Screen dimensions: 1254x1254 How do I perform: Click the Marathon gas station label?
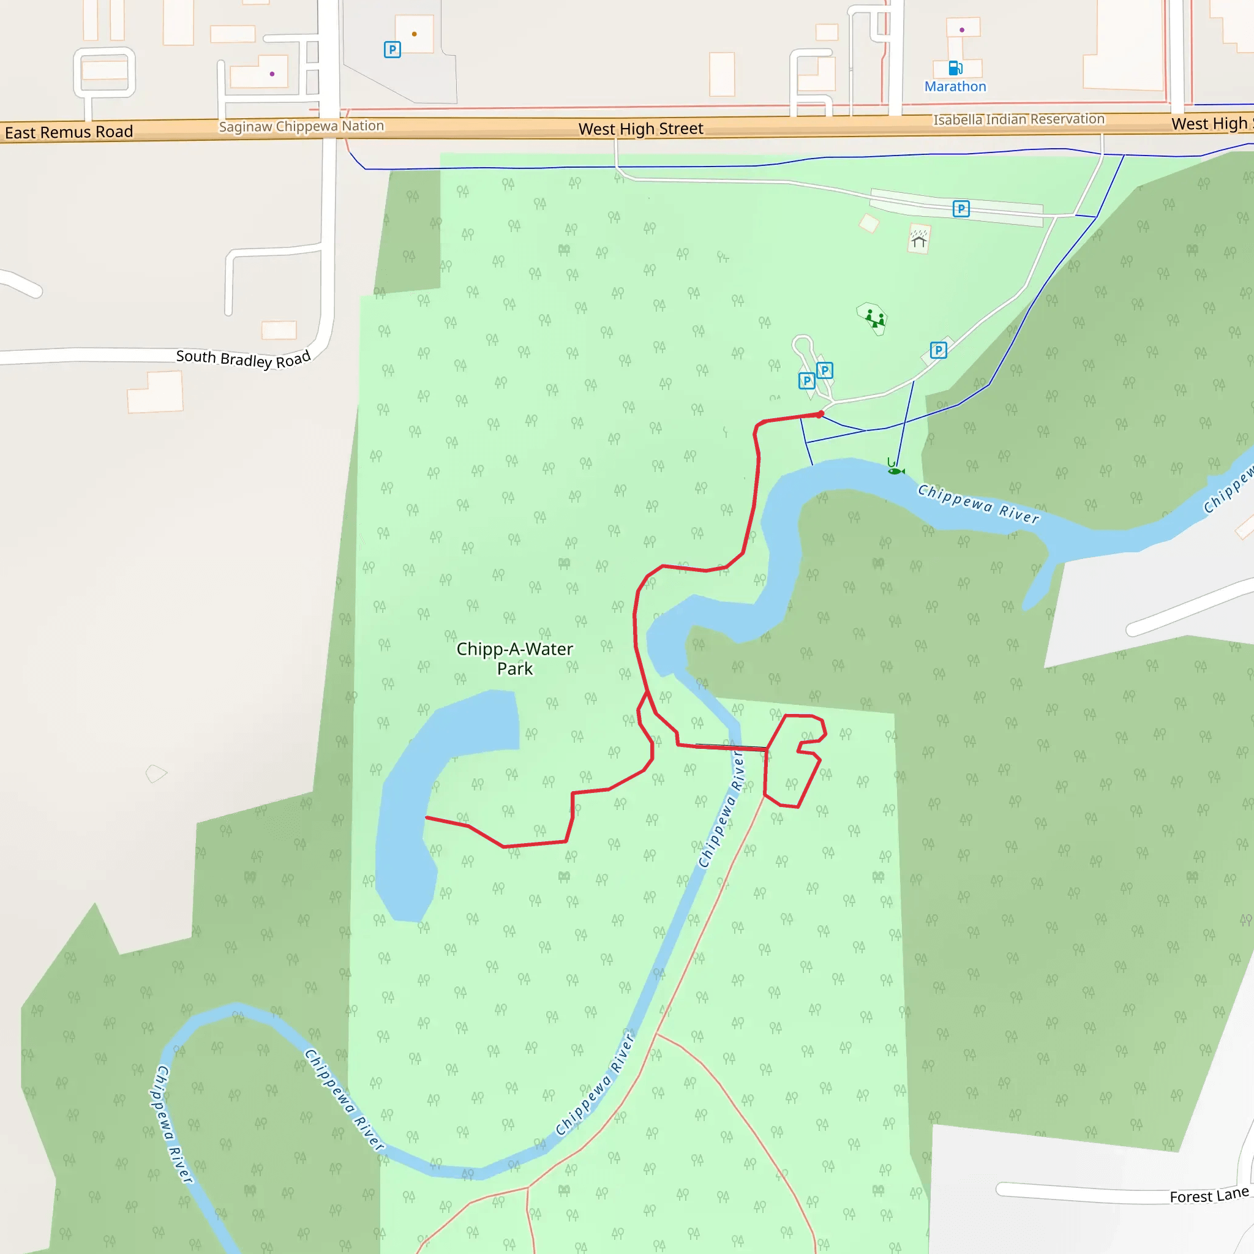pyautogui.click(x=955, y=86)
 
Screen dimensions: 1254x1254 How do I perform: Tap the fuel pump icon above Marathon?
pyautogui.click(x=955, y=67)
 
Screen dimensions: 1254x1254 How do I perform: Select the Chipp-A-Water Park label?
pyautogui.click(x=515, y=658)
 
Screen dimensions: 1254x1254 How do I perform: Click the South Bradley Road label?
pyautogui.click(x=244, y=358)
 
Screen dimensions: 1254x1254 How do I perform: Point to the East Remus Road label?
pyautogui.click(x=69, y=132)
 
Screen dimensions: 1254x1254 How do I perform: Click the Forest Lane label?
pyautogui.click(x=1209, y=1196)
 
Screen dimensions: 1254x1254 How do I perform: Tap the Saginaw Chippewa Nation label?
pyautogui.click(x=301, y=126)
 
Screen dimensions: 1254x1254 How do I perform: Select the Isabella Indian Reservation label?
pyautogui.click(x=1018, y=119)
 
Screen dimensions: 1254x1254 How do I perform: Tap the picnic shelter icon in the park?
pyautogui.click(x=918, y=240)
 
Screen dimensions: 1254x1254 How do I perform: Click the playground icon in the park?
pyautogui.click(x=874, y=318)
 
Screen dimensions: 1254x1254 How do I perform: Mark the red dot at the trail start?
pyautogui.click(x=821, y=414)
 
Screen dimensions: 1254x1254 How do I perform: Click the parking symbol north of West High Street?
pyautogui.click(x=392, y=50)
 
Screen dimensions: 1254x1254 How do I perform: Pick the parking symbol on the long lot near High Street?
pyautogui.click(x=961, y=208)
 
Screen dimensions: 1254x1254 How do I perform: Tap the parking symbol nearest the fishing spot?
pyautogui.click(x=938, y=350)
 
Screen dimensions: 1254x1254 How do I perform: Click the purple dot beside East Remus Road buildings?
pyautogui.click(x=272, y=74)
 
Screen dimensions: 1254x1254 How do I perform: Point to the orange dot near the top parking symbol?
pyautogui.click(x=414, y=34)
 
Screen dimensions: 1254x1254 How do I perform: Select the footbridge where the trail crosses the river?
pyautogui.click(x=732, y=747)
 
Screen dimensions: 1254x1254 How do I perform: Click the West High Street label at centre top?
pyautogui.click(x=640, y=129)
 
